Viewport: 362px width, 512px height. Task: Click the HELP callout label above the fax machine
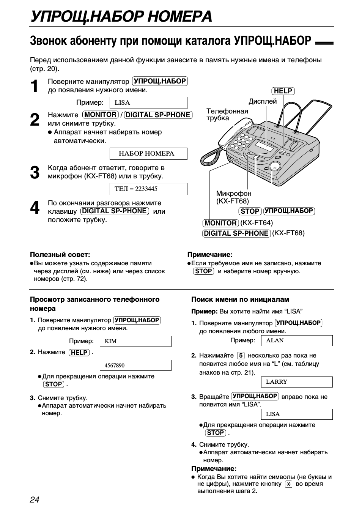pos(283,91)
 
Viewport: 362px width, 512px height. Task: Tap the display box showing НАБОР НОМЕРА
pos(148,154)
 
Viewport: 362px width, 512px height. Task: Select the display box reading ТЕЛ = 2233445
pos(148,189)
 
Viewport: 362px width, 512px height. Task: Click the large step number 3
pos(35,173)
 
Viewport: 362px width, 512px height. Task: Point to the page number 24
pos(35,499)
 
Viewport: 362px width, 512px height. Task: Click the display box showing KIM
pos(135,341)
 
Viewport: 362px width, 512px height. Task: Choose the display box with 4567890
pos(135,365)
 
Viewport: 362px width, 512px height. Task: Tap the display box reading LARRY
pos(297,382)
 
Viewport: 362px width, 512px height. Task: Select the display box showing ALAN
pos(297,340)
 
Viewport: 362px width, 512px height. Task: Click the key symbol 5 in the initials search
pos(241,356)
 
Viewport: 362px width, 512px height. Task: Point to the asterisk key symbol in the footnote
pos(288,484)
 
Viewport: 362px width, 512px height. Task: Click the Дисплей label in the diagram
pos(263,101)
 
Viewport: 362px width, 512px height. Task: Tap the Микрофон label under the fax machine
pos(234,194)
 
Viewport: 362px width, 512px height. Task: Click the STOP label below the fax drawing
pos(250,211)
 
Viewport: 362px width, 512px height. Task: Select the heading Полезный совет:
pos(60,255)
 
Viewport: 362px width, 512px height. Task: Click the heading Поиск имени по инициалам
pos(240,299)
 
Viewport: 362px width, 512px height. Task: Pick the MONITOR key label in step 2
pos(101,115)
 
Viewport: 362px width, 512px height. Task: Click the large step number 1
pos(35,87)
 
